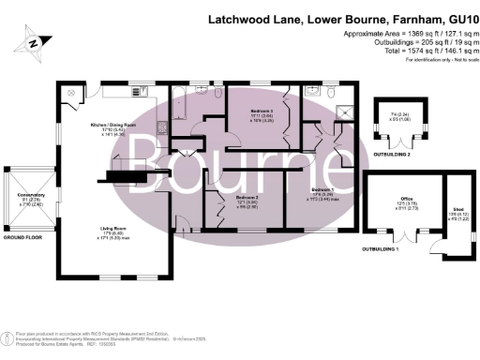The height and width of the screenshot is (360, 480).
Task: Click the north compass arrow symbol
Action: (35, 41)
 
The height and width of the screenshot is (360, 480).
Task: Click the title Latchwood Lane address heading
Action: (338, 19)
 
